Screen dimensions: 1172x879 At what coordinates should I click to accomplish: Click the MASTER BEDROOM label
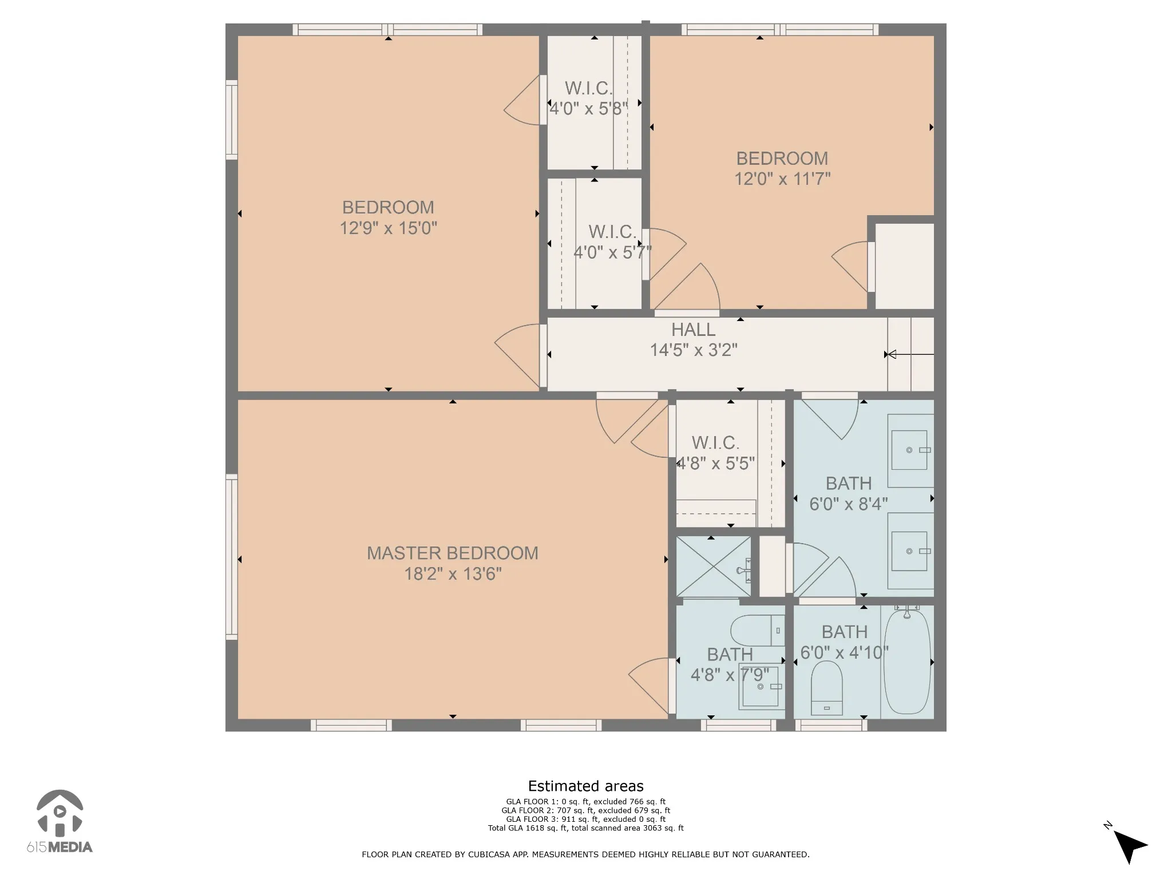[x=452, y=553]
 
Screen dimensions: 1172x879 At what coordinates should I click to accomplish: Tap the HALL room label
[x=693, y=330]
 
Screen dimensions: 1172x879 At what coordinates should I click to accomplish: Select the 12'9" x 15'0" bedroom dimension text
[x=388, y=228]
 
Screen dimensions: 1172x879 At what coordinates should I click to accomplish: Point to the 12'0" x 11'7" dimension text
[x=782, y=179]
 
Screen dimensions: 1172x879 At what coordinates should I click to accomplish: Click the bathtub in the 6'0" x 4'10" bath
[x=907, y=662]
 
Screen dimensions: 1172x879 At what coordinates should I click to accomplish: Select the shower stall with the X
[x=713, y=566]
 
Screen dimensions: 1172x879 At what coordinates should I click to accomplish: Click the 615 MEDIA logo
[x=60, y=822]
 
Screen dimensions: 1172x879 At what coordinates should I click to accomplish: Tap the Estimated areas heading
[x=585, y=786]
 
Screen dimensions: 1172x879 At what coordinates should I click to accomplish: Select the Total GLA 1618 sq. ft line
[x=585, y=828]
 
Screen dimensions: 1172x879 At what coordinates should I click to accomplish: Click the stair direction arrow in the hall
[x=909, y=355]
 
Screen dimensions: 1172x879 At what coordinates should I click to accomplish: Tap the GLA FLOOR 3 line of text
[x=585, y=819]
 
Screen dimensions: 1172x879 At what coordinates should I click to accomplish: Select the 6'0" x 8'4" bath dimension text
[x=848, y=504]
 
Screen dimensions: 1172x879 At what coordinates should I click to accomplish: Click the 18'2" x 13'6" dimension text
[x=453, y=574]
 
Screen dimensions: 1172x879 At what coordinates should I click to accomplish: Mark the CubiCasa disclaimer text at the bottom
[x=585, y=854]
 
